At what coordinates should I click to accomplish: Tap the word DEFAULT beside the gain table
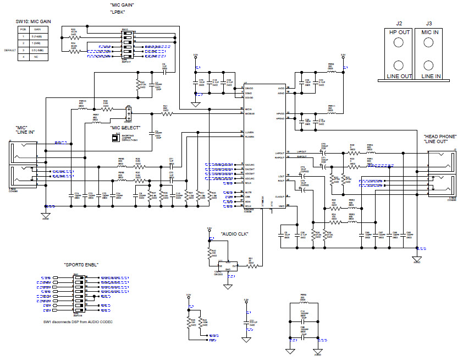coord(9,50)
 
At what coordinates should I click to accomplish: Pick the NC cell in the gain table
coord(37,56)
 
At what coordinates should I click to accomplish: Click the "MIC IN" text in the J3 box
coord(428,32)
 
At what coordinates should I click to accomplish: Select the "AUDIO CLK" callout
coord(235,234)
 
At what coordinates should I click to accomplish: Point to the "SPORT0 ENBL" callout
coord(81,265)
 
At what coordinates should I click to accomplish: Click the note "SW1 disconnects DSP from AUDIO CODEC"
coord(78,321)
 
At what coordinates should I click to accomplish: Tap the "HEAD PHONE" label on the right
coord(440,136)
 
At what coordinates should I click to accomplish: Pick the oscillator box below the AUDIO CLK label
coord(228,266)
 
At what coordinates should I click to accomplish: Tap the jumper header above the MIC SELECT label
coord(129,113)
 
